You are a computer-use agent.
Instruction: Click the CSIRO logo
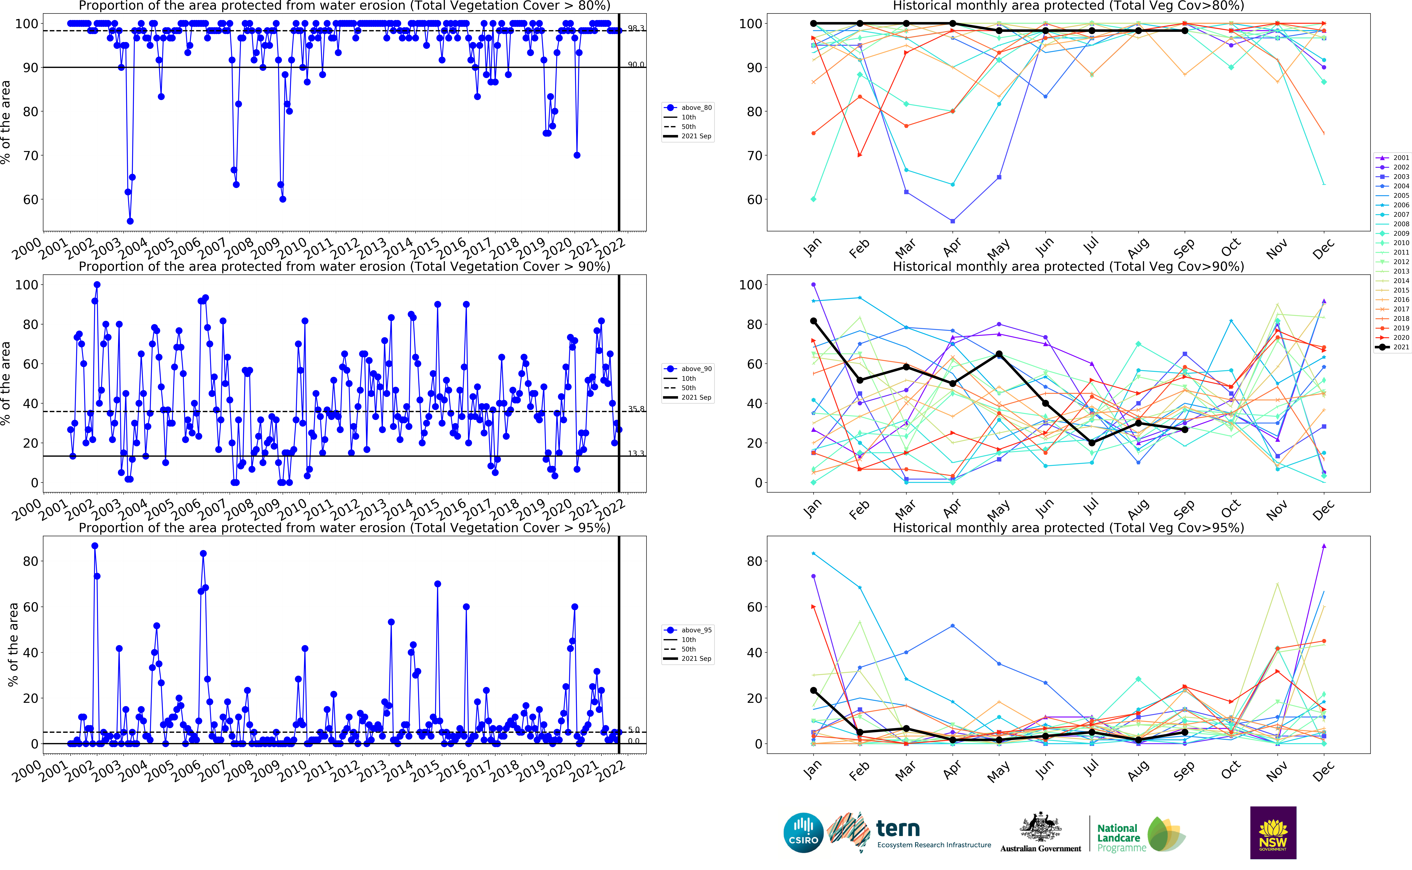pos(803,833)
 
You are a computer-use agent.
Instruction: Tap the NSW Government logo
pos(1273,833)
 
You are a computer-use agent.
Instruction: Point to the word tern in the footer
pos(898,829)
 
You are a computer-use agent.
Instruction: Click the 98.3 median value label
pos(636,28)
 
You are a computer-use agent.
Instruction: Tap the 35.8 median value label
pos(636,409)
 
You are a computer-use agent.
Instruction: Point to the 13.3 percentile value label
pos(636,453)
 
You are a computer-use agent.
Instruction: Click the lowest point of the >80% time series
pos(130,221)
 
